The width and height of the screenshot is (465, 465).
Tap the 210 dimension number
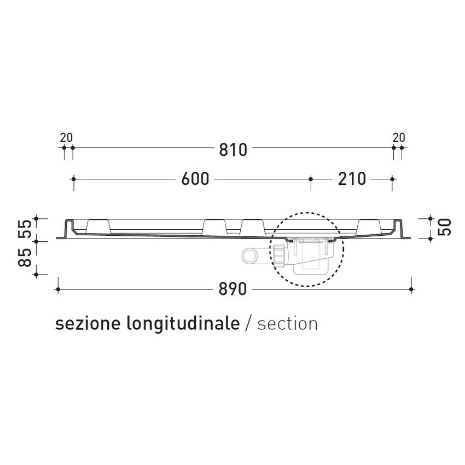click(x=351, y=179)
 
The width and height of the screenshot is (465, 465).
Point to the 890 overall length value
click(x=234, y=289)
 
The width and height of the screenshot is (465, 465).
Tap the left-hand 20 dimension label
click(x=66, y=137)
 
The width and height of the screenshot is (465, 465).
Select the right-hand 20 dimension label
click(x=399, y=137)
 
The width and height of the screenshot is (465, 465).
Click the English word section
click(x=287, y=324)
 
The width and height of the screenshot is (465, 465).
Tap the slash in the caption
click(x=248, y=324)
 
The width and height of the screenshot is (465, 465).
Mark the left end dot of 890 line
click(x=57, y=289)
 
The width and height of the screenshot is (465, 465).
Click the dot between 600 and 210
click(x=311, y=179)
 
